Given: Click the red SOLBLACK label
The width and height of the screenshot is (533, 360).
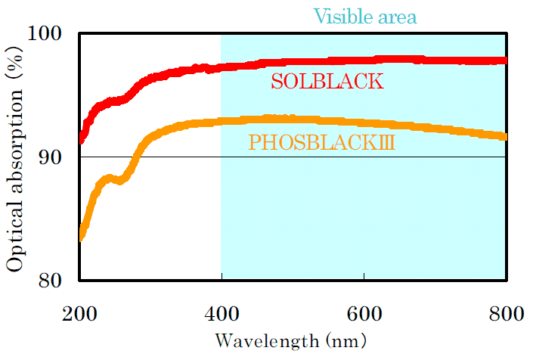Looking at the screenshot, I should (327, 81).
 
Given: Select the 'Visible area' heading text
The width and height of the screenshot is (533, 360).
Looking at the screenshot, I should (365, 16).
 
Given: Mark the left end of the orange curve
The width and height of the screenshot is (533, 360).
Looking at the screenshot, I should (81, 237).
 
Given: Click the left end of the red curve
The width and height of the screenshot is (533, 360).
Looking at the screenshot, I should (81, 140).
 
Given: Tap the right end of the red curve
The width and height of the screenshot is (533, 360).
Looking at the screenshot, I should (505, 61).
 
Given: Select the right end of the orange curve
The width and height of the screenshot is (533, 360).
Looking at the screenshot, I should (505, 136).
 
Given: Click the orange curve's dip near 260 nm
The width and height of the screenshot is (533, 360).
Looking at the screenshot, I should (122, 182).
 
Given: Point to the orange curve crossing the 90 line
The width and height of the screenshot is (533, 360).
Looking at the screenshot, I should (136, 157).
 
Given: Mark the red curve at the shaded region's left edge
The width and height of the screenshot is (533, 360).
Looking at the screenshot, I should (222, 68).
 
